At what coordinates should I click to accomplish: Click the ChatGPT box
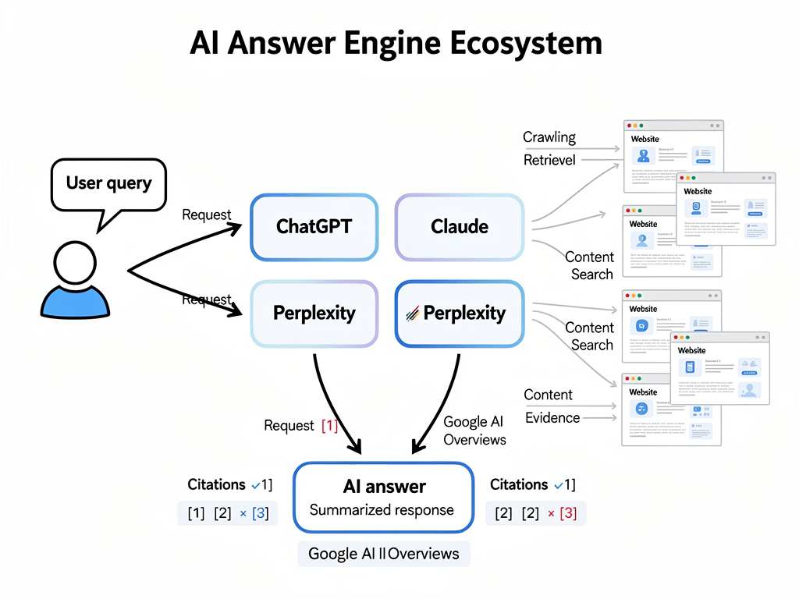click(314, 227)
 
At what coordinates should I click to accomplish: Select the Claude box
click(460, 227)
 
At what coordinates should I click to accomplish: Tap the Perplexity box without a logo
click(314, 314)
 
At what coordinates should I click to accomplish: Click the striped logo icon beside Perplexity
click(413, 314)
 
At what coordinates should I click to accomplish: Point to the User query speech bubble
click(108, 184)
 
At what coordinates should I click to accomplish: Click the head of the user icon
click(76, 263)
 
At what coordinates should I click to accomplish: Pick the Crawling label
click(549, 137)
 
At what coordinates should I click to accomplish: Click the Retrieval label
click(549, 160)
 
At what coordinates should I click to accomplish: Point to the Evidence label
click(552, 417)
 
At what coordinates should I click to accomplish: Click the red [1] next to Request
click(329, 426)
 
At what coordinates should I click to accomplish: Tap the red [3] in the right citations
click(568, 513)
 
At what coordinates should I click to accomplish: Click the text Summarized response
click(382, 510)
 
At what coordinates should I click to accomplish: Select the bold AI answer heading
click(384, 487)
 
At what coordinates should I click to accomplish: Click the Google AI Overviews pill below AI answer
click(383, 554)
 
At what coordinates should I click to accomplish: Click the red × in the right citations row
click(551, 513)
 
